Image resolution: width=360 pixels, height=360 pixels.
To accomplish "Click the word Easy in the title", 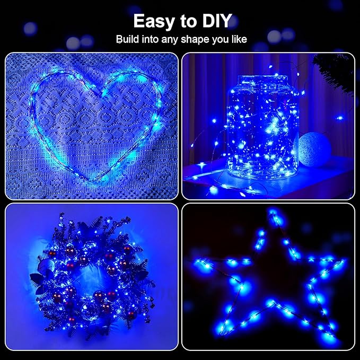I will [153, 21].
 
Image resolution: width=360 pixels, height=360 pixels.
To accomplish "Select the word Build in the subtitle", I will [129, 39].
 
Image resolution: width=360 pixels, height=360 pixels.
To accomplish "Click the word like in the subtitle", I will [235, 39].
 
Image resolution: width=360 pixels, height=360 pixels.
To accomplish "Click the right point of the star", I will [344, 262].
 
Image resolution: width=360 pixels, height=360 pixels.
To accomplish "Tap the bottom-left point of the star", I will [223, 339].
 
